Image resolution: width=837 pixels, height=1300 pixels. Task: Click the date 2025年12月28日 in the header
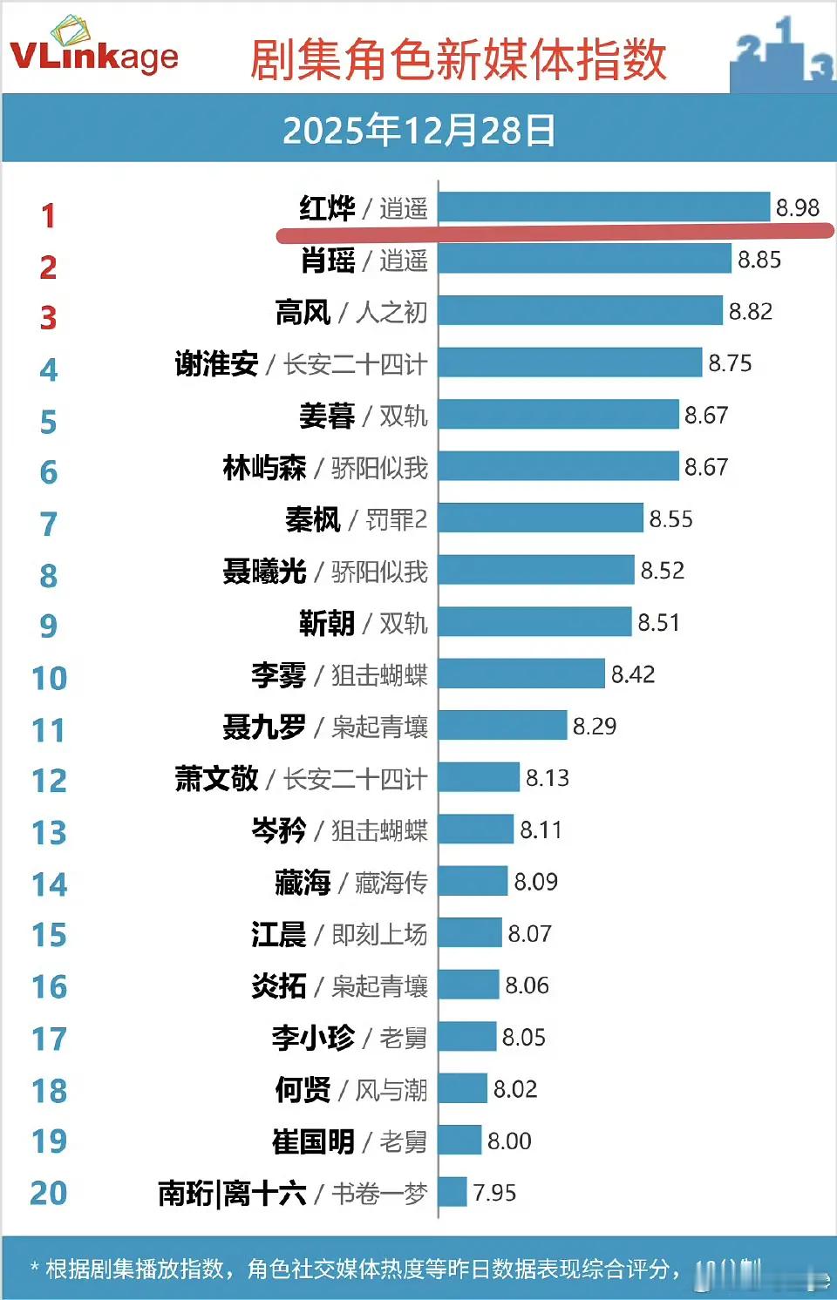tap(418, 131)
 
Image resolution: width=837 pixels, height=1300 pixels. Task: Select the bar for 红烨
tap(604, 207)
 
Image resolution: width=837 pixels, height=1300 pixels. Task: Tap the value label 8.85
tap(759, 260)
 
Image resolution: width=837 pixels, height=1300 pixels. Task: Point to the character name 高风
tap(303, 312)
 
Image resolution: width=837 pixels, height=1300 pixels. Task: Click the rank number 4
tap(49, 369)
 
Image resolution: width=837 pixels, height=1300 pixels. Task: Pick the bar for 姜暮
tap(558, 415)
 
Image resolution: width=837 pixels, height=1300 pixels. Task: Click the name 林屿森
tap(264, 468)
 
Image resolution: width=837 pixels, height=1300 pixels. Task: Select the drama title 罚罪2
tap(396, 520)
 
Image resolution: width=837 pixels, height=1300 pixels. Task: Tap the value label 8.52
tap(662, 571)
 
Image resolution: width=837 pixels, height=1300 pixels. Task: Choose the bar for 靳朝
tap(534, 622)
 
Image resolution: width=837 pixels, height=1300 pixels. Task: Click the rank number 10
tap(49, 678)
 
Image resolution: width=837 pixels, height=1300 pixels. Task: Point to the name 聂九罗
tap(264, 727)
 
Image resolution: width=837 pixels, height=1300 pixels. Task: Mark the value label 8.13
tap(547, 778)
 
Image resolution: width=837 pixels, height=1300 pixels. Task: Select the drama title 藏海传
tap(391, 883)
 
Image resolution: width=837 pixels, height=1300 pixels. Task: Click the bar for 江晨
tap(470, 933)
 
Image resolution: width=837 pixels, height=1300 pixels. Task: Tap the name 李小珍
tap(313, 1038)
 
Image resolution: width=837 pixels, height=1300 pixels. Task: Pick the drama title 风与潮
tap(391, 1090)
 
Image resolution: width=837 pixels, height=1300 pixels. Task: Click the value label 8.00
tap(508, 1141)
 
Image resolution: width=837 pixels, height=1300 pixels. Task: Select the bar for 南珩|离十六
tap(453, 1192)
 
